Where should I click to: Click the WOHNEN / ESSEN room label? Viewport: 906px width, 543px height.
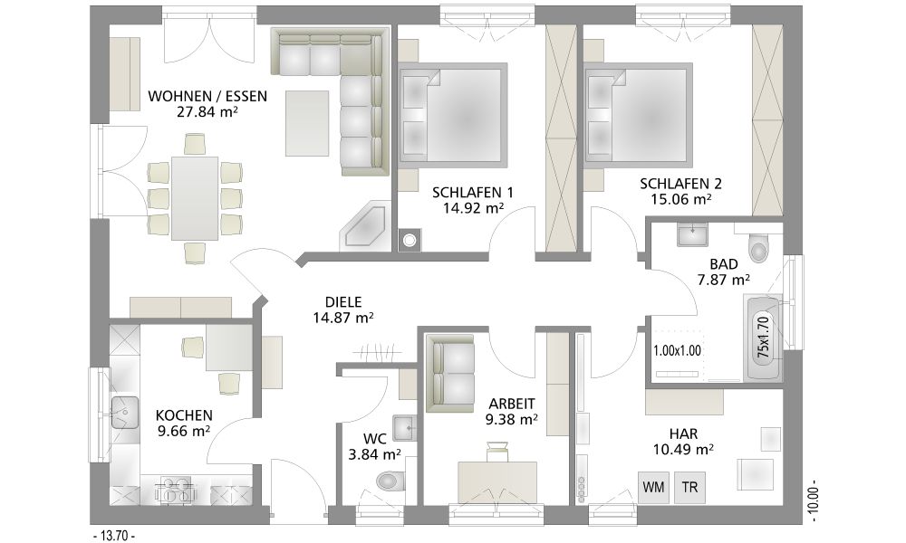tap(207, 96)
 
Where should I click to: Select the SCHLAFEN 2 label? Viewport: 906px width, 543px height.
tap(680, 184)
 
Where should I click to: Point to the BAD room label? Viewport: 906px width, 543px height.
tap(723, 264)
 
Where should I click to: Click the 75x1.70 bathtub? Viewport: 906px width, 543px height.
tap(764, 338)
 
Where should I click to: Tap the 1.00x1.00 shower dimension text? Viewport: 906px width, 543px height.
tap(677, 350)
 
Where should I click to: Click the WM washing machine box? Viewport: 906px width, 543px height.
tap(653, 487)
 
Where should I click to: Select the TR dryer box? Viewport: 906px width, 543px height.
tap(689, 487)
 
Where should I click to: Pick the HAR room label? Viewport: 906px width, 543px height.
tap(683, 433)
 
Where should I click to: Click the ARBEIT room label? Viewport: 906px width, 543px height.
tap(512, 404)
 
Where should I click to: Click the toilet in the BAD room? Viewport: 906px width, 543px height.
tap(758, 248)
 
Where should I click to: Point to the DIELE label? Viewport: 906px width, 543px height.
tap(343, 301)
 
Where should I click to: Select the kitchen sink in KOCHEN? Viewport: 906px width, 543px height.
tap(125, 412)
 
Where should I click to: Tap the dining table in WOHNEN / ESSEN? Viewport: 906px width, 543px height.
tap(195, 198)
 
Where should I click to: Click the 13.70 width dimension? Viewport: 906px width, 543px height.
tap(114, 536)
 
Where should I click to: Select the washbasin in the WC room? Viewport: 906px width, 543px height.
tap(403, 428)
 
